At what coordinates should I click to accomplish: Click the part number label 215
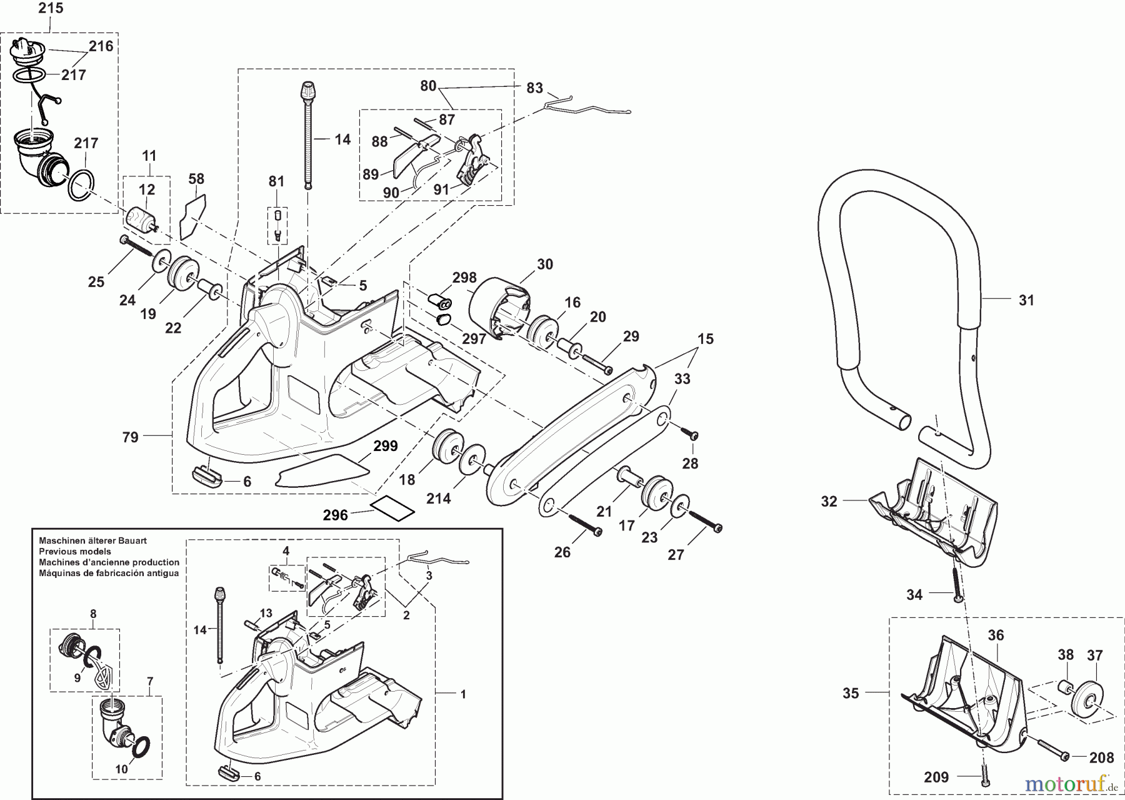(x=51, y=8)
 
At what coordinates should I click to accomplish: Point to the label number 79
(x=130, y=437)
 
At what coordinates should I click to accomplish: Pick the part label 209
(x=936, y=777)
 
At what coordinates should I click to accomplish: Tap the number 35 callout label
(x=851, y=693)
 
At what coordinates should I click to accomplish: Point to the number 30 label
(x=545, y=265)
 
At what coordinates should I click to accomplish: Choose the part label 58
(x=196, y=179)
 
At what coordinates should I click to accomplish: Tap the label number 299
(x=386, y=446)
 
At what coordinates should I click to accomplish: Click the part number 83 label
(x=534, y=88)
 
